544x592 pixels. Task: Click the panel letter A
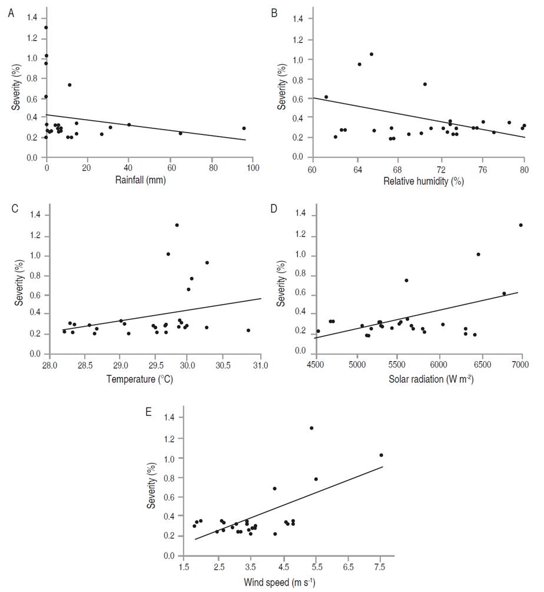(11, 12)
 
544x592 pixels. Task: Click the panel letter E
(148, 411)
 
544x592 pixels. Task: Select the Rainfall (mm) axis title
(141, 180)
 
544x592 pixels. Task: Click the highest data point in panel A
(46, 27)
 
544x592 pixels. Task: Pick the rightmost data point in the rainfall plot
(244, 128)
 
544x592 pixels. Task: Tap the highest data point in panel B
(371, 54)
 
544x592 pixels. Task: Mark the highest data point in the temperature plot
(177, 225)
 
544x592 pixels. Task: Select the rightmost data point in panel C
(248, 330)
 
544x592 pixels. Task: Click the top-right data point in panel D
(520, 225)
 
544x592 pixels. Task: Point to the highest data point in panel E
(311, 428)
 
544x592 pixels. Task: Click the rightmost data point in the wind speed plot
(381, 455)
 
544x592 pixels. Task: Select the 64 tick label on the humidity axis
(357, 169)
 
